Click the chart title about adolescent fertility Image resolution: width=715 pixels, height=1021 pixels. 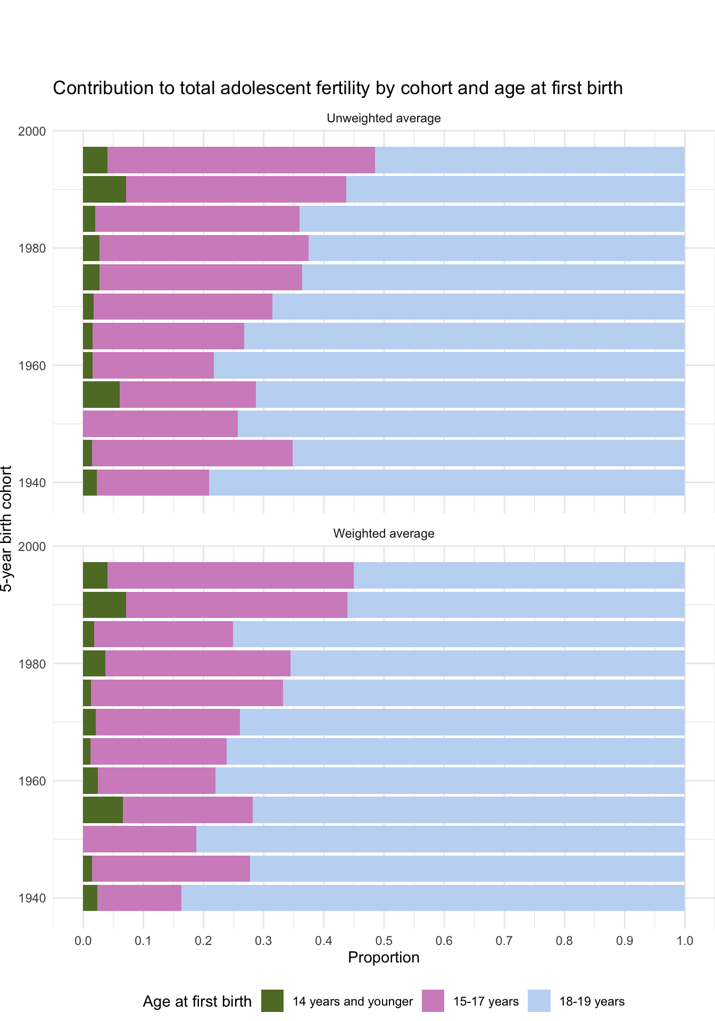pyautogui.click(x=337, y=88)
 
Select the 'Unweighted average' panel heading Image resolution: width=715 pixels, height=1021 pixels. pyautogui.click(x=384, y=118)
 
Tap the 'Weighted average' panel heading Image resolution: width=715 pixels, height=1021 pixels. pyautogui.click(x=384, y=533)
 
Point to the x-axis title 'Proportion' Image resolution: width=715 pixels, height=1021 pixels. pyautogui.click(x=384, y=958)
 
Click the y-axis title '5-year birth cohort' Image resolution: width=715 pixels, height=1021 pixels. pyautogui.click(x=6, y=529)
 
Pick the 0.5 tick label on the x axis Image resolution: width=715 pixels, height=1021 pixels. pyautogui.click(x=384, y=941)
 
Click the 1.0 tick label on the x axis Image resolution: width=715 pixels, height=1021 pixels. pyautogui.click(x=685, y=941)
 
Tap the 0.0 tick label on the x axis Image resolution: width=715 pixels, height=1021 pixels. pyautogui.click(x=83, y=941)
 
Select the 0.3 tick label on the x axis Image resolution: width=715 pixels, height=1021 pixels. pyautogui.click(x=263, y=941)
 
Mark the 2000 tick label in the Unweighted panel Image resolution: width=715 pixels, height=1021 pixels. pyautogui.click(x=32, y=131)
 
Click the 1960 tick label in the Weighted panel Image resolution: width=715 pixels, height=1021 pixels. pyautogui.click(x=32, y=781)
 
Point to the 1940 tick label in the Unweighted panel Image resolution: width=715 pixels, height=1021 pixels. pyautogui.click(x=32, y=483)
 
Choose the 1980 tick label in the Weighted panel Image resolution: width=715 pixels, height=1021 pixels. pyautogui.click(x=32, y=664)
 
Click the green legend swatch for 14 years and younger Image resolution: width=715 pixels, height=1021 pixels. pyautogui.click(x=272, y=1001)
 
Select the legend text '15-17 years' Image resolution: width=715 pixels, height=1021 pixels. pyautogui.click(x=486, y=1002)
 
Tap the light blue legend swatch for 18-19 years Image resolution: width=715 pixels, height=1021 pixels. pyautogui.click(x=539, y=1001)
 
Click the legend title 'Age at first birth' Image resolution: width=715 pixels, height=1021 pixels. pyautogui.click(x=197, y=1002)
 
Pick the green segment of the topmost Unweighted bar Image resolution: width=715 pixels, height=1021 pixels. pyautogui.click(x=95, y=160)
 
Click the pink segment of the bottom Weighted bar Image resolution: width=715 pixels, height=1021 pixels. pyautogui.click(x=139, y=898)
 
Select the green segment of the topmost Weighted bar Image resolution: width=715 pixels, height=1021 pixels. pyautogui.click(x=95, y=575)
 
